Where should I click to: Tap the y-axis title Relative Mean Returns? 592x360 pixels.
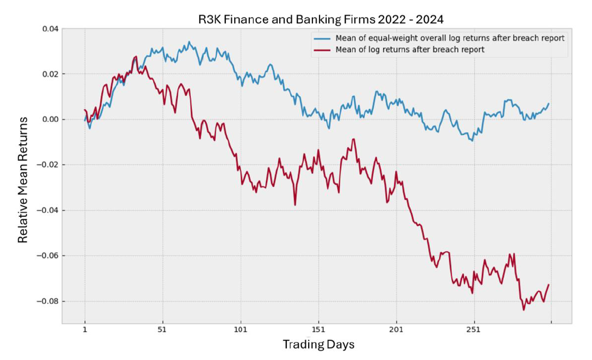coord(23,180)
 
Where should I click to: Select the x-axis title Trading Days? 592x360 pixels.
coord(318,344)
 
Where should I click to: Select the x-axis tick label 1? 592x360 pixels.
coord(85,330)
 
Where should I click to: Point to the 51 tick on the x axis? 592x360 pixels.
coord(163,330)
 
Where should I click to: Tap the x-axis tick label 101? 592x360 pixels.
coord(240,330)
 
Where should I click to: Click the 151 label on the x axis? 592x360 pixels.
coord(318,330)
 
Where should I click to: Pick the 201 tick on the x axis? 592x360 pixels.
coord(396,330)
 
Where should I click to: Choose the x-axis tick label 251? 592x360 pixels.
coord(474,330)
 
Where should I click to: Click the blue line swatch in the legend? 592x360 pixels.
coord(322,39)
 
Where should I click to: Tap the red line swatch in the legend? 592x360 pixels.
coord(322,50)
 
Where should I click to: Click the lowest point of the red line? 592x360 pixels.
coord(524,310)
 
